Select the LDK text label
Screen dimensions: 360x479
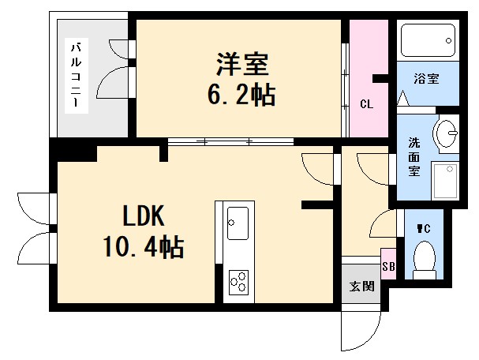[143, 215]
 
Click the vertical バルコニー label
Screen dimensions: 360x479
[77, 75]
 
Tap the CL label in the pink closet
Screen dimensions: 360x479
[366, 104]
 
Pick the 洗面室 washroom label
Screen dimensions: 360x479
[414, 156]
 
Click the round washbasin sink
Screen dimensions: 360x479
[447, 132]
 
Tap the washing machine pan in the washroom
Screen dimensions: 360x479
[446, 180]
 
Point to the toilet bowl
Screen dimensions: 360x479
[425, 259]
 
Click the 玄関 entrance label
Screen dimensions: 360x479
[360, 286]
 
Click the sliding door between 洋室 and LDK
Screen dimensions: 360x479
[229, 143]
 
